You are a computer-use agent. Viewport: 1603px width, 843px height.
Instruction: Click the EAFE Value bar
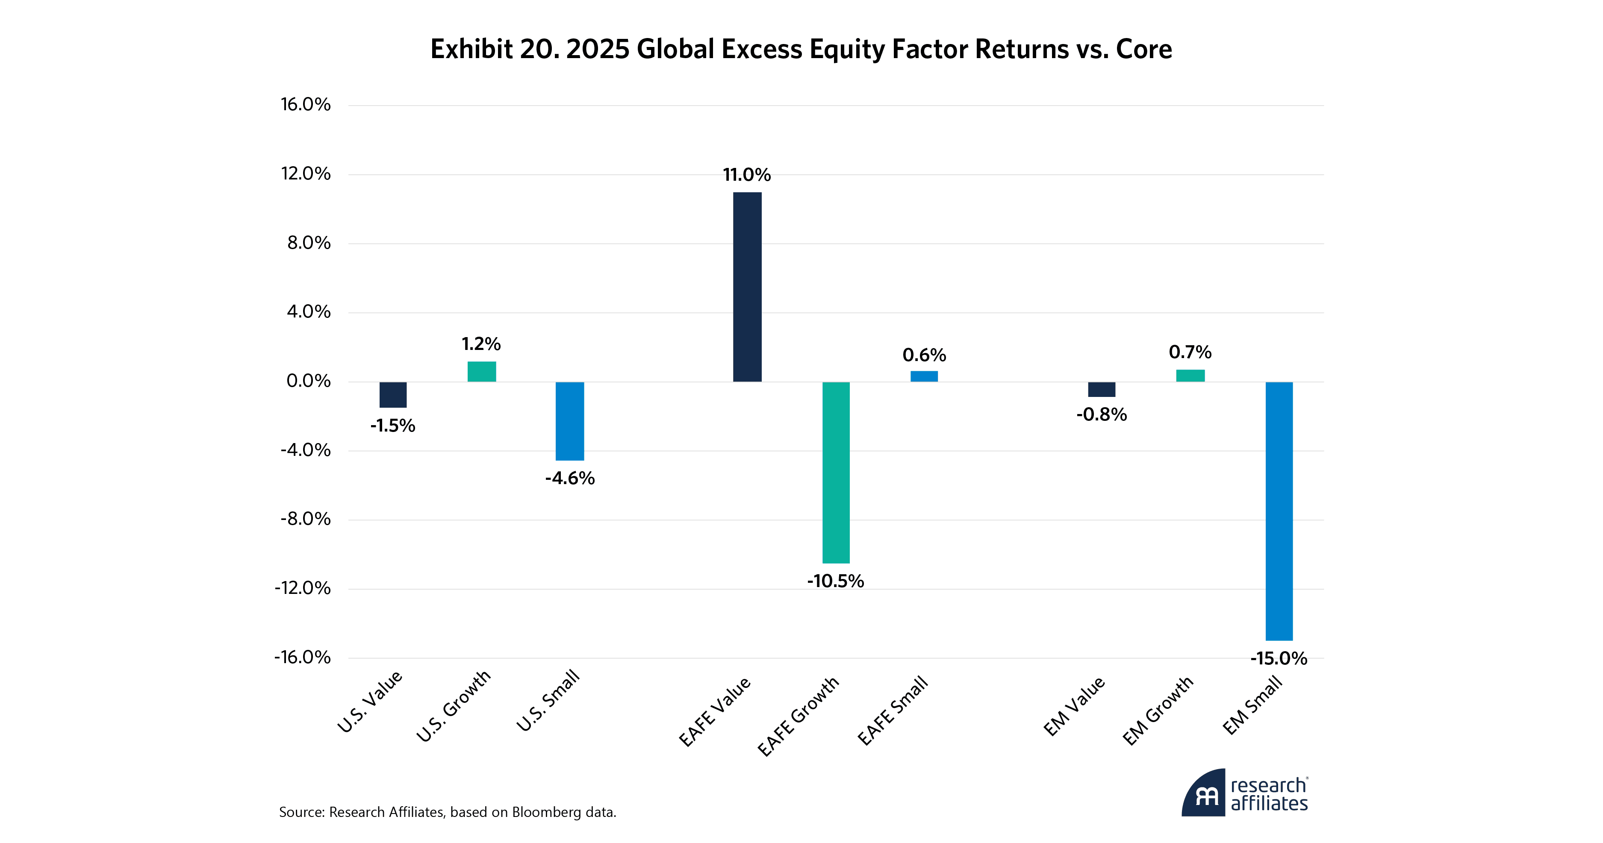click(747, 287)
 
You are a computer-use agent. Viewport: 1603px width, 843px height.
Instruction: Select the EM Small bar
click(1279, 511)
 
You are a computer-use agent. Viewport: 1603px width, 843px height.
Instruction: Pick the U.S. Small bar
click(569, 421)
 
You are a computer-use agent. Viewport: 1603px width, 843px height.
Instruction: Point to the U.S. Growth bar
click(482, 371)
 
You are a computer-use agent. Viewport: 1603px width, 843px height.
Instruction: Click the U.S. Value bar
click(393, 394)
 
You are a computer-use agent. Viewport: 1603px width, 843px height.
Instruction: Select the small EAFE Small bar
click(924, 376)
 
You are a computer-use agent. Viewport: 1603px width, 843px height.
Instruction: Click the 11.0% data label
click(747, 175)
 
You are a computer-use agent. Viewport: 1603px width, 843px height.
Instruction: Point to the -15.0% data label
click(1279, 658)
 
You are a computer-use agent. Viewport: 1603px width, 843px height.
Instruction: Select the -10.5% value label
click(836, 581)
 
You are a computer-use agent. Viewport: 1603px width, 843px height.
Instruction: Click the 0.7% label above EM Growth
click(1190, 352)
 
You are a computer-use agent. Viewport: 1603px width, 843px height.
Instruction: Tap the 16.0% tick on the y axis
click(306, 105)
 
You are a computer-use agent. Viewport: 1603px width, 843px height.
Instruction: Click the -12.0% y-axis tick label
click(303, 588)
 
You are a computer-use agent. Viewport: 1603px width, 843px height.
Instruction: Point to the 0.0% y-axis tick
click(309, 381)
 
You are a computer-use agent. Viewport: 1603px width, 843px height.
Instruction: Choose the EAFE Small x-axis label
click(893, 711)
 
